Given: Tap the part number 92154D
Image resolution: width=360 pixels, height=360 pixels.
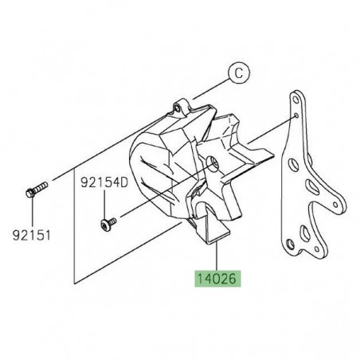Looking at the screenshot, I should [x=104, y=182].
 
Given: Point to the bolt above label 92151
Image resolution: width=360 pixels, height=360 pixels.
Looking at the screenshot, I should [x=37, y=191].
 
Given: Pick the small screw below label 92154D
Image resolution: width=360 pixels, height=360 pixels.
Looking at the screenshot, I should [x=107, y=225].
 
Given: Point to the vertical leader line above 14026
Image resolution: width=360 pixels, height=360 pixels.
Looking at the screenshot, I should [x=217, y=255].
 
